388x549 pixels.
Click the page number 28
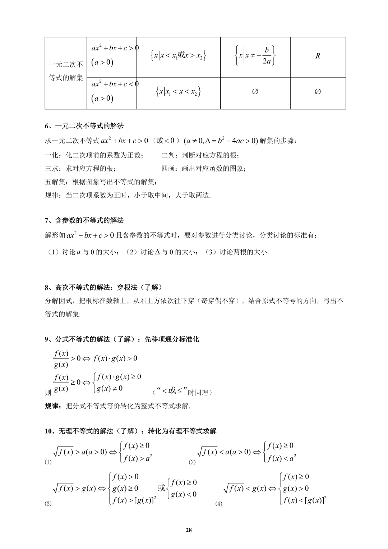pos(189,530)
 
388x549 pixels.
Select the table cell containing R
pos(318,56)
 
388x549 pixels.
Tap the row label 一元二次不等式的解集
pos(66,71)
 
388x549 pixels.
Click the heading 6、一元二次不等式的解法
pos(84,126)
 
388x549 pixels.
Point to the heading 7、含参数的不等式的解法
pos(84,220)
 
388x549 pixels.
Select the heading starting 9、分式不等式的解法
pos(122,339)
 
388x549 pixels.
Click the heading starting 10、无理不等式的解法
pos(131,431)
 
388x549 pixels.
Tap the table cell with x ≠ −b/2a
pos(255,56)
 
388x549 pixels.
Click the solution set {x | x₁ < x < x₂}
pos(178,92)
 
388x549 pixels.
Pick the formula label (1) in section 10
pos(48,462)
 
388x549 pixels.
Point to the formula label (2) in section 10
pos(192,462)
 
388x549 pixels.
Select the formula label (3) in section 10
pos(48,504)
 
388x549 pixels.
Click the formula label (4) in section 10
pos(219,504)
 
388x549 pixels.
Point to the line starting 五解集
pos(101,182)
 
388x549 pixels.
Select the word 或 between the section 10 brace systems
pos(162,488)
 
